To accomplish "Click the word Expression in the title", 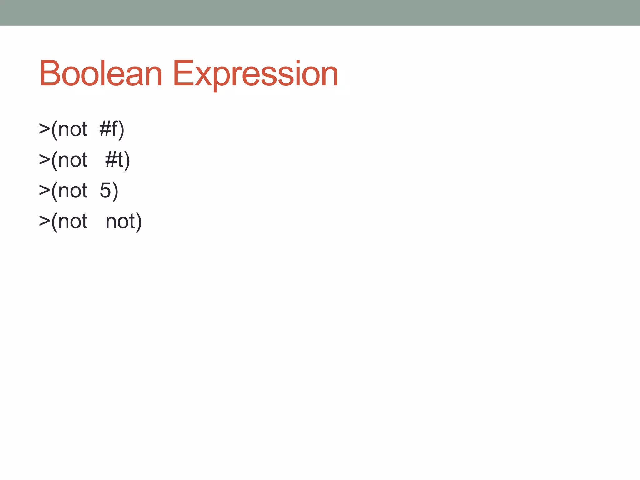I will (x=255, y=74).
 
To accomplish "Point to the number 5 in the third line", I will (x=105, y=190).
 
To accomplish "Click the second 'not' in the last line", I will (x=120, y=221).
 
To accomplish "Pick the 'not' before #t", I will (x=73, y=160).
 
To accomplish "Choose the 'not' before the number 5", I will (x=73, y=190).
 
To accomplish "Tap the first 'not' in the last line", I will (x=73, y=221).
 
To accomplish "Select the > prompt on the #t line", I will (x=44, y=160).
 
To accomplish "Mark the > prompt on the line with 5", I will (x=44, y=190).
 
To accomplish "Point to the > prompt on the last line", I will (x=44, y=221).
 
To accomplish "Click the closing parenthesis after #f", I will (x=122, y=129).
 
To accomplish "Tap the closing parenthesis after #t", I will (x=127, y=160).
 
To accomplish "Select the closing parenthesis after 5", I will (x=115, y=191).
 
